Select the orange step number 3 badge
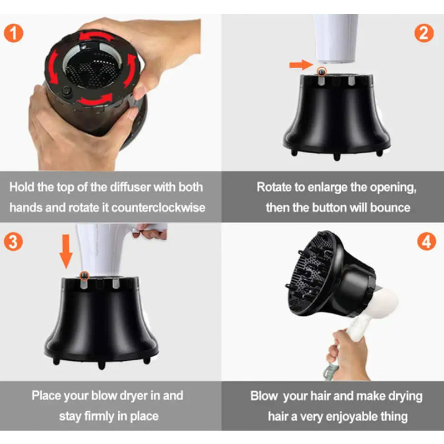[14, 242]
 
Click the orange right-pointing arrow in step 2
[298, 65]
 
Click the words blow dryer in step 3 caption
[137, 396]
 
